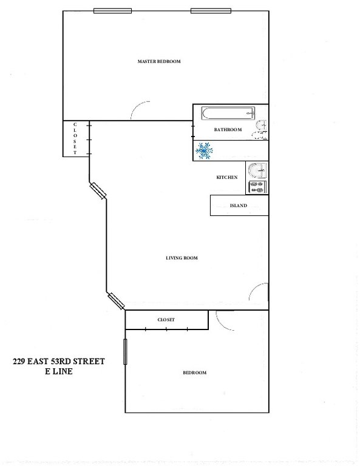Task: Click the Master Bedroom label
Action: [x=158, y=61]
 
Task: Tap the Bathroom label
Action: [x=228, y=130]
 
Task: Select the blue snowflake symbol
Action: [x=204, y=150]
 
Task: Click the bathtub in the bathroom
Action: [x=228, y=113]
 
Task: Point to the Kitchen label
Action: [x=227, y=177]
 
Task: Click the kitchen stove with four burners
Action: [x=257, y=187]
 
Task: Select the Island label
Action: [x=239, y=205]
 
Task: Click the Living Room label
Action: [x=182, y=258]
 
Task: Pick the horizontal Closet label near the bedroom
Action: [x=166, y=320]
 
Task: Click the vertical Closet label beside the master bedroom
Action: [x=75, y=138]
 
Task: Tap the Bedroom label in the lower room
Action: [x=194, y=373]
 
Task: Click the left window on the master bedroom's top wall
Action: [x=112, y=11]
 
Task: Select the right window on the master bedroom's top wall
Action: [x=211, y=11]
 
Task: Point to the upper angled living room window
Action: [x=98, y=191]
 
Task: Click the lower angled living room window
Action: [x=116, y=301]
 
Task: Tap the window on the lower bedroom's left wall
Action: [x=125, y=351]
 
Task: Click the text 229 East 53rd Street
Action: [x=59, y=362]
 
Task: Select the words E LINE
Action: [x=59, y=371]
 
